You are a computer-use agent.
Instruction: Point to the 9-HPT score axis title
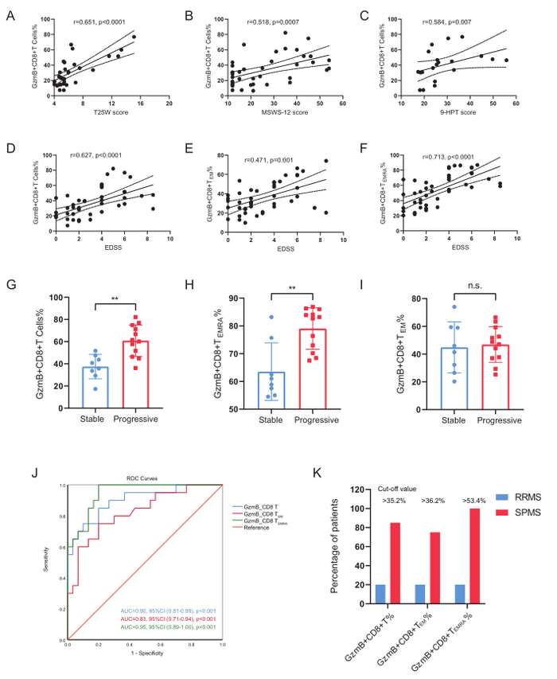467,113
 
